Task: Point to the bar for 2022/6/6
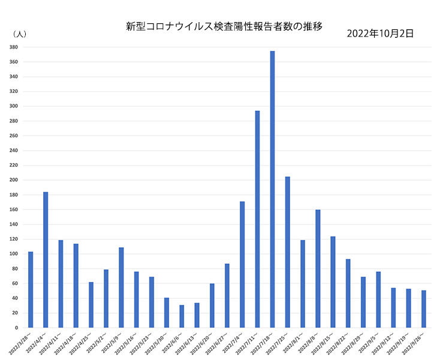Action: (182, 316)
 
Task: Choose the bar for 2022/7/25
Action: (288, 252)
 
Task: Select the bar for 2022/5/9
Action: (121, 287)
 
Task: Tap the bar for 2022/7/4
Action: (242, 265)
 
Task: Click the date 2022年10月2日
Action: (380, 34)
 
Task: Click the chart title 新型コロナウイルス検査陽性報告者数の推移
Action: (224, 26)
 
